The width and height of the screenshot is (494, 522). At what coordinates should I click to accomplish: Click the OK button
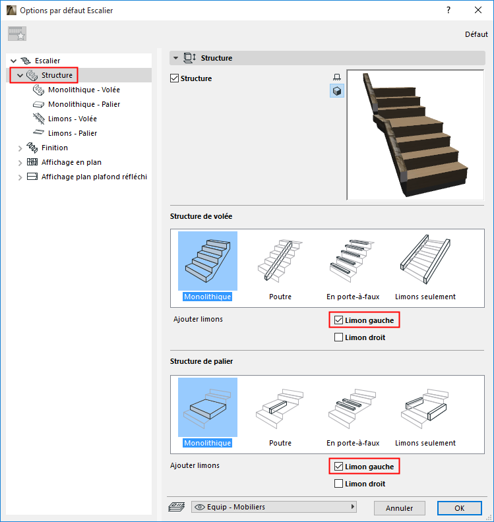[459, 508]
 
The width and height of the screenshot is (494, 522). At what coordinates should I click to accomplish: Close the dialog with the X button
[478, 11]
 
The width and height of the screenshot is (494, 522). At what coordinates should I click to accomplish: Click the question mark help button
[448, 11]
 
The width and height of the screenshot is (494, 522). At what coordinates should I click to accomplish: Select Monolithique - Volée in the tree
[84, 90]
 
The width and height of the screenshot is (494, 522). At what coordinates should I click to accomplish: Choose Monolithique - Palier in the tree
[84, 104]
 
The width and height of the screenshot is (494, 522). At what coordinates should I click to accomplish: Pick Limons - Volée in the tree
[73, 119]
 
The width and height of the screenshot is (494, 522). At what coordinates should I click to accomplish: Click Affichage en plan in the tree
[71, 162]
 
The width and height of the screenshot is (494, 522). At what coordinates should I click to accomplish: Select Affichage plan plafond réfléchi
[94, 177]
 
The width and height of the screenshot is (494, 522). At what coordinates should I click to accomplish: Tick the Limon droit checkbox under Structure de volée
[338, 337]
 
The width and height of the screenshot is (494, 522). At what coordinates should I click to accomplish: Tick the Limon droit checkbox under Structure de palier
[338, 483]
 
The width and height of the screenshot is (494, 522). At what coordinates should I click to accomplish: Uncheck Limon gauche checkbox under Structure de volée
[338, 320]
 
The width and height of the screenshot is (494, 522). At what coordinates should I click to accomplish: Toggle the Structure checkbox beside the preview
[174, 78]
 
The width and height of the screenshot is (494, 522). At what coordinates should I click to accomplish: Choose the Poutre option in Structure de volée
[280, 266]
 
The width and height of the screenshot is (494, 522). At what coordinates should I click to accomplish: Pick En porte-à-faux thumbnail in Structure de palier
[353, 413]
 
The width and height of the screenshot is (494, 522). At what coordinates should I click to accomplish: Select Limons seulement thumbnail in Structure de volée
[425, 266]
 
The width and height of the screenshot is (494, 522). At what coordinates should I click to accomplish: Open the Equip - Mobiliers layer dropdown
[274, 507]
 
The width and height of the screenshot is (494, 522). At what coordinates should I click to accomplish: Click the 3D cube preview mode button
[337, 91]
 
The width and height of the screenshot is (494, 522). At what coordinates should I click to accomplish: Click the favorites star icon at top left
[17, 34]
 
